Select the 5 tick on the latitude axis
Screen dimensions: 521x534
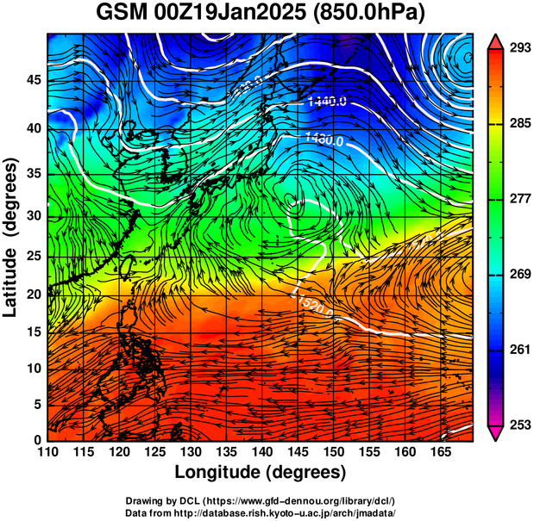tap(36, 404)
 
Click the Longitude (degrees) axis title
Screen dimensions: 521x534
tap(261, 473)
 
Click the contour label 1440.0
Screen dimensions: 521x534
tap(327, 102)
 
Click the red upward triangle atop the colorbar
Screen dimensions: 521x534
tap(496, 40)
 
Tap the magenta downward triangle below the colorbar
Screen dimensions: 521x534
tap(496, 432)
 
